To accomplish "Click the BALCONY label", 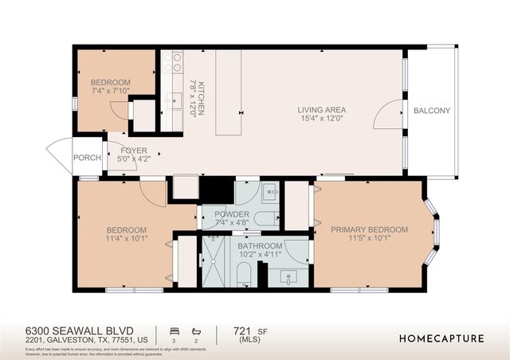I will pos(432,111).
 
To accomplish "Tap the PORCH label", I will pos(87,158).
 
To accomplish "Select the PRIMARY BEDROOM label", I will pos(369,229).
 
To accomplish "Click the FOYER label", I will pos(134,150).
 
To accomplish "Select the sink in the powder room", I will pos(269,192).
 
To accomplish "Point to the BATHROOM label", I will pos(260,246).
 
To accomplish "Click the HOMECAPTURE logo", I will pos(441,338).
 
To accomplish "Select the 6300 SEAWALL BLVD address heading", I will pos(78,330).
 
